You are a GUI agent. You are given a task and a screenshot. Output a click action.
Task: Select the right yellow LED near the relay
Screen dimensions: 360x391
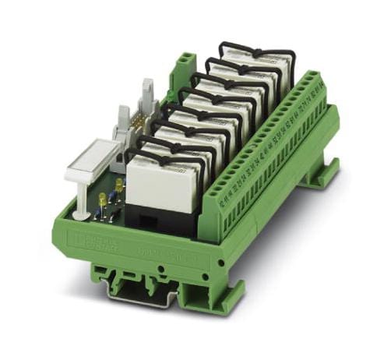tap(118, 184)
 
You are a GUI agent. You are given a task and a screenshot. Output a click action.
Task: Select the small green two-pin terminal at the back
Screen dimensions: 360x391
tap(185, 64)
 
